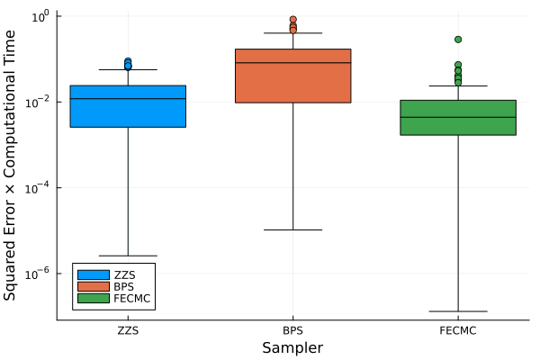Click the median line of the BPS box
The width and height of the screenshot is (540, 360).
tap(292, 62)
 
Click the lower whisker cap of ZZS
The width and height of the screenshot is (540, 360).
tap(128, 256)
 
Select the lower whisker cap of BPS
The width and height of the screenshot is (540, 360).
tap(292, 229)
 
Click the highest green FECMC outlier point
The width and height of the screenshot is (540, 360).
tap(458, 40)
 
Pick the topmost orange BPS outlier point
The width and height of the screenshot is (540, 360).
tap(292, 19)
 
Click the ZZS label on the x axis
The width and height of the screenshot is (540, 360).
tap(128, 331)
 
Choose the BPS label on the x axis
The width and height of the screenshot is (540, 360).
tap(292, 331)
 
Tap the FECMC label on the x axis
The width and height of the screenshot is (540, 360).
tap(458, 331)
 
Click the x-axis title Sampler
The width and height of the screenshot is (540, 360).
tap(292, 347)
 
